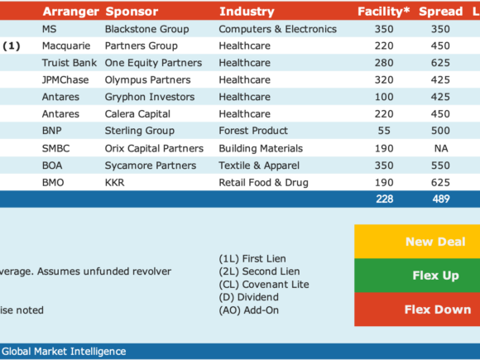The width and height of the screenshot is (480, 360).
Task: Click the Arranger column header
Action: (x=70, y=12)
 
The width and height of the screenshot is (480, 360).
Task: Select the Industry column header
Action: (x=247, y=12)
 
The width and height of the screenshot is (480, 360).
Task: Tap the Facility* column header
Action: (x=383, y=12)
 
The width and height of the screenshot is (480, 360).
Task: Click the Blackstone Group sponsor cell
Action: (x=147, y=29)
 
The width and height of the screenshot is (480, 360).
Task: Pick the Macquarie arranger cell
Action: (x=66, y=46)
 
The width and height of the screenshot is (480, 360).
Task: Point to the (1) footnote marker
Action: (x=12, y=46)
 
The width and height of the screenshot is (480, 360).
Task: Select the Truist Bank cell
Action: (x=70, y=63)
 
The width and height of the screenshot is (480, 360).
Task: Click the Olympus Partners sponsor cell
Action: (x=148, y=80)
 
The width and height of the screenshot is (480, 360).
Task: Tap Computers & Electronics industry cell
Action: (x=277, y=29)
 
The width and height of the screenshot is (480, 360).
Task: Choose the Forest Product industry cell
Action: (x=253, y=131)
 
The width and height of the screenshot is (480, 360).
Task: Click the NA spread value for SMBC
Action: (x=441, y=148)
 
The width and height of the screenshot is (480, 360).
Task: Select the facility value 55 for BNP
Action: (x=384, y=131)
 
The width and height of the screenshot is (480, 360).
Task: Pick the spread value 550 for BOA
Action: (x=440, y=166)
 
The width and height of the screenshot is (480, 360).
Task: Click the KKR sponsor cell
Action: (x=115, y=182)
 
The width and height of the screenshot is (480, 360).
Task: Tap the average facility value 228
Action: (x=385, y=199)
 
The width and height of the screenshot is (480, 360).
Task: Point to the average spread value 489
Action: (x=441, y=199)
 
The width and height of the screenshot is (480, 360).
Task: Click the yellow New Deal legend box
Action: (x=417, y=242)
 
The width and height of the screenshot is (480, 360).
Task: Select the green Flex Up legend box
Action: (x=417, y=276)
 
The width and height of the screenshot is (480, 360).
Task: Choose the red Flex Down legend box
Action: (x=417, y=310)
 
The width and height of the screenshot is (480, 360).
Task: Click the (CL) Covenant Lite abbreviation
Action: (x=264, y=285)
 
